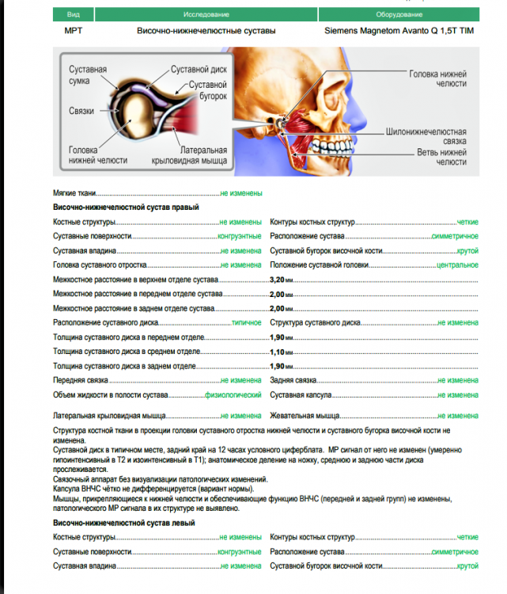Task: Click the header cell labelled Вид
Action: coord(74,15)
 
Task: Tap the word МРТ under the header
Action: coord(73,31)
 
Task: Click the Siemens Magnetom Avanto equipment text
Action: coord(399,31)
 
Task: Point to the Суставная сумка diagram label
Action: coord(88,76)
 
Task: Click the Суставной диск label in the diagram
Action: coord(199,70)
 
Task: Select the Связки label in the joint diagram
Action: coord(81,111)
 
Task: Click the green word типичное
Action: coord(246,323)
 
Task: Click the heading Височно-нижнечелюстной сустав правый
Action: coord(126,208)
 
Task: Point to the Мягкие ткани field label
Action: coord(75,193)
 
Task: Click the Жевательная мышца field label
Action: coord(305,415)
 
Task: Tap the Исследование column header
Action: coord(206,15)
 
